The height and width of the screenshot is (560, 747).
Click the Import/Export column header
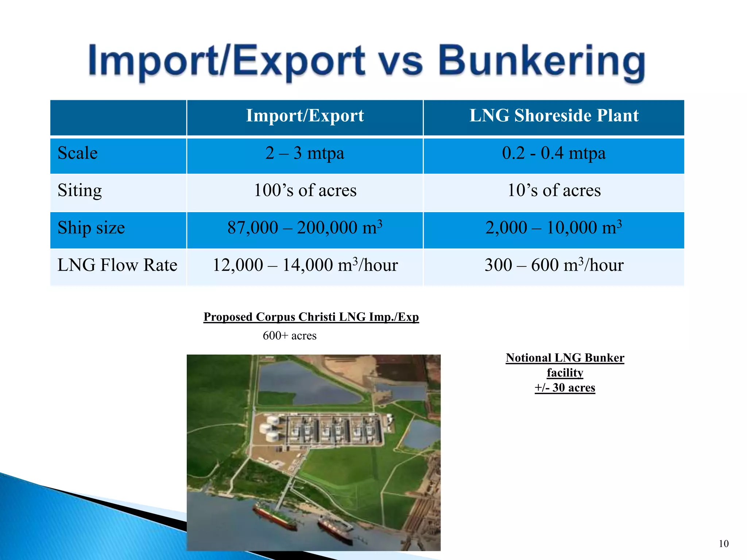click(x=305, y=116)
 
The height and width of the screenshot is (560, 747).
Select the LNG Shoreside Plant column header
click(x=554, y=116)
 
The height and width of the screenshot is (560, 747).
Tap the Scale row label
click(x=78, y=153)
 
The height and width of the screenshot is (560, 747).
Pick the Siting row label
click(x=80, y=191)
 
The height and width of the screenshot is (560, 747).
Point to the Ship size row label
click(x=91, y=228)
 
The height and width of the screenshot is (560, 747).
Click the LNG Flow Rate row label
click(x=117, y=265)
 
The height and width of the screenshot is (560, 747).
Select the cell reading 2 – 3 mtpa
click(x=305, y=153)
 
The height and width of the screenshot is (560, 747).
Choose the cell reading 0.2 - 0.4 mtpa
click(x=554, y=153)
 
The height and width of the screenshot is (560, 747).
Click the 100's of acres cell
click(x=305, y=191)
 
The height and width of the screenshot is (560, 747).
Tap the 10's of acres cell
click(x=554, y=191)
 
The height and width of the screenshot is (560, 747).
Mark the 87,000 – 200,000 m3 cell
click(x=305, y=228)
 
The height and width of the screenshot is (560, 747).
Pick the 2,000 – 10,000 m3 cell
click(x=554, y=228)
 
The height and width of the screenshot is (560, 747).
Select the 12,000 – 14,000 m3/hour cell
click(x=305, y=265)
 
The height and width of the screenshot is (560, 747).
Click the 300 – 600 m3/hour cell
click(x=554, y=265)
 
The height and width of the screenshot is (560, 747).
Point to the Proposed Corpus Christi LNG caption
click(x=311, y=317)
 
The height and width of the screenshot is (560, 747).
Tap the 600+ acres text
click(x=290, y=335)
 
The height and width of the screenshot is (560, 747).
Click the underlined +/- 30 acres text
click(x=565, y=388)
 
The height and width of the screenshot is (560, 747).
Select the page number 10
click(x=724, y=544)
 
